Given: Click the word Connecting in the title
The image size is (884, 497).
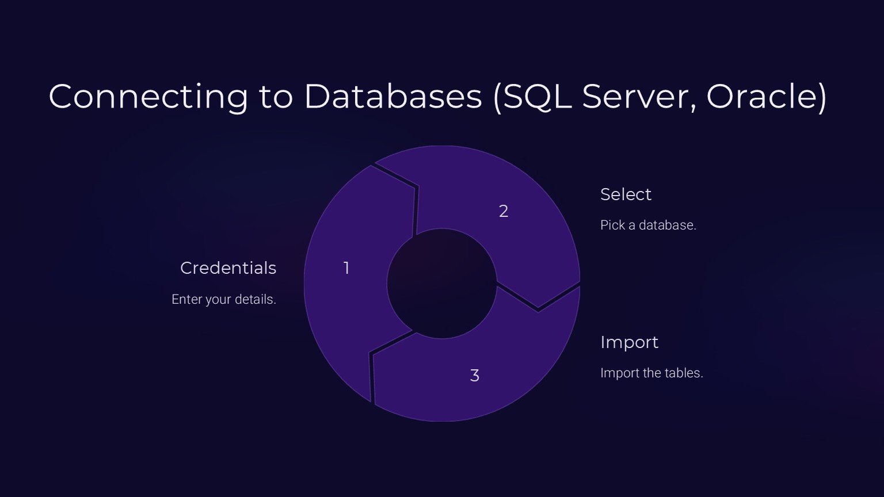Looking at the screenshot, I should (x=148, y=96).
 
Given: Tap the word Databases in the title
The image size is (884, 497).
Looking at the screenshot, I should (x=393, y=96).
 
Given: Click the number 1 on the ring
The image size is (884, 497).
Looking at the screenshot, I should (x=346, y=268).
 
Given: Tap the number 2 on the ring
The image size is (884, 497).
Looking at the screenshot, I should (x=504, y=212).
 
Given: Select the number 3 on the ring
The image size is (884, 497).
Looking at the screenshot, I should (x=475, y=376).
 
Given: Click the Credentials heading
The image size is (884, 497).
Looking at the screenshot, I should (x=228, y=268).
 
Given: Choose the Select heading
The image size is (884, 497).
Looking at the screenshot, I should (x=626, y=194).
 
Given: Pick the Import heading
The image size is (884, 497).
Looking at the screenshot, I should (x=629, y=342).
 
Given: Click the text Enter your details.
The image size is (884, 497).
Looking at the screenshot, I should (x=224, y=300).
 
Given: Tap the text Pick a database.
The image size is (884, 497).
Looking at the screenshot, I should (x=648, y=225).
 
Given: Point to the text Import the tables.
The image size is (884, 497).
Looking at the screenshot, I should (x=651, y=373).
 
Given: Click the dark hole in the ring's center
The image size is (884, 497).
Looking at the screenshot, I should (x=441, y=284).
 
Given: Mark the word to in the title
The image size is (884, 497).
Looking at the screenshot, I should (x=276, y=96).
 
